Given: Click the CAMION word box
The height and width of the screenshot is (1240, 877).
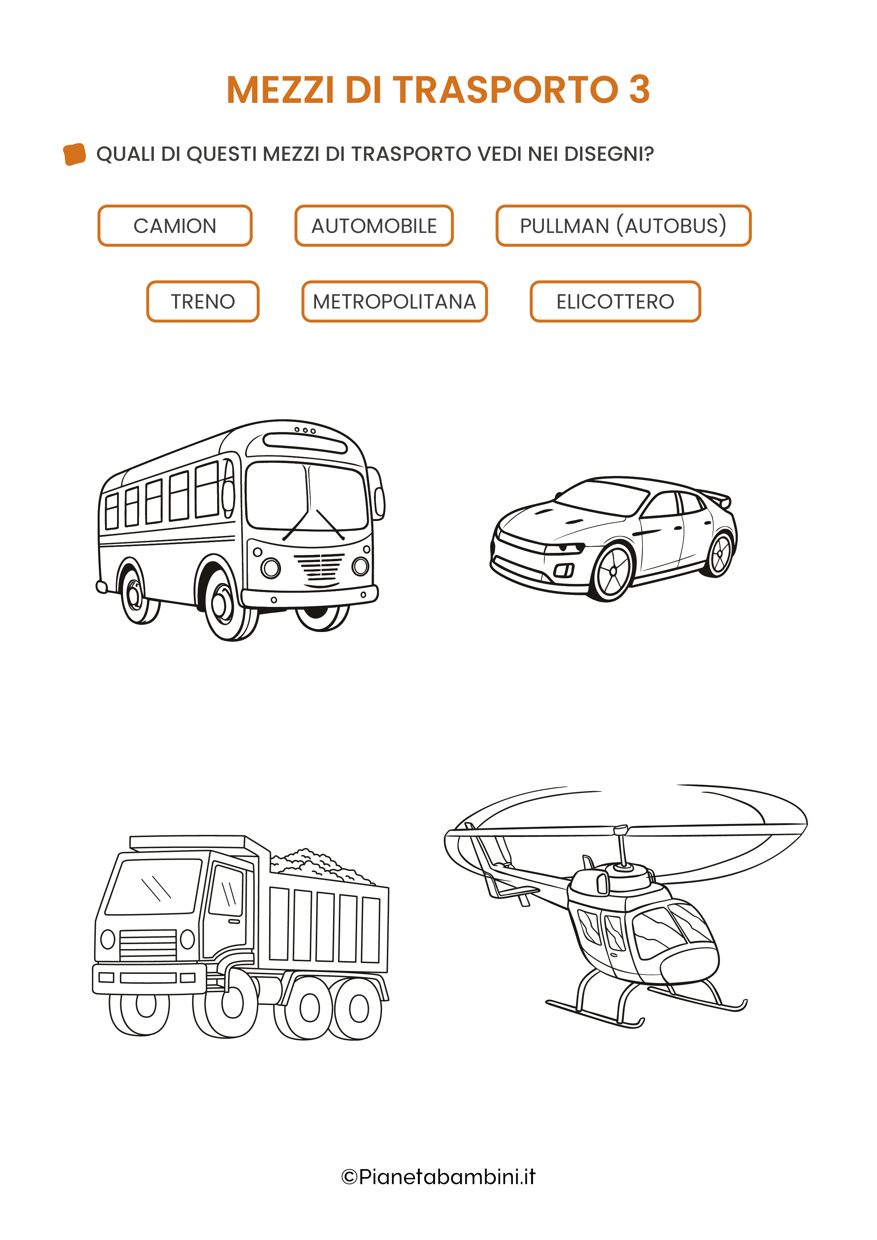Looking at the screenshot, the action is (x=175, y=226).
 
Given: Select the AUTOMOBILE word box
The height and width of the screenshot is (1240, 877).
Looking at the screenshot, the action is (x=374, y=226).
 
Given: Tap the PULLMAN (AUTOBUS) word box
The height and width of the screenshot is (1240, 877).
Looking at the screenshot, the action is (x=623, y=226).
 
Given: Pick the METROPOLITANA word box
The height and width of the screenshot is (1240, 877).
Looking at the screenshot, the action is (x=394, y=302).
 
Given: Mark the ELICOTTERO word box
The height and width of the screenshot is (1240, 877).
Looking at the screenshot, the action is (x=615, y=302).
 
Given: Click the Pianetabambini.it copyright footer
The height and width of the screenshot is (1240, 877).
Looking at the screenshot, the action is (x=438, y=1176).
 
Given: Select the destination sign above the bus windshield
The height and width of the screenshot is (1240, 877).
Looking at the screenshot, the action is (x=305, y=443).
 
